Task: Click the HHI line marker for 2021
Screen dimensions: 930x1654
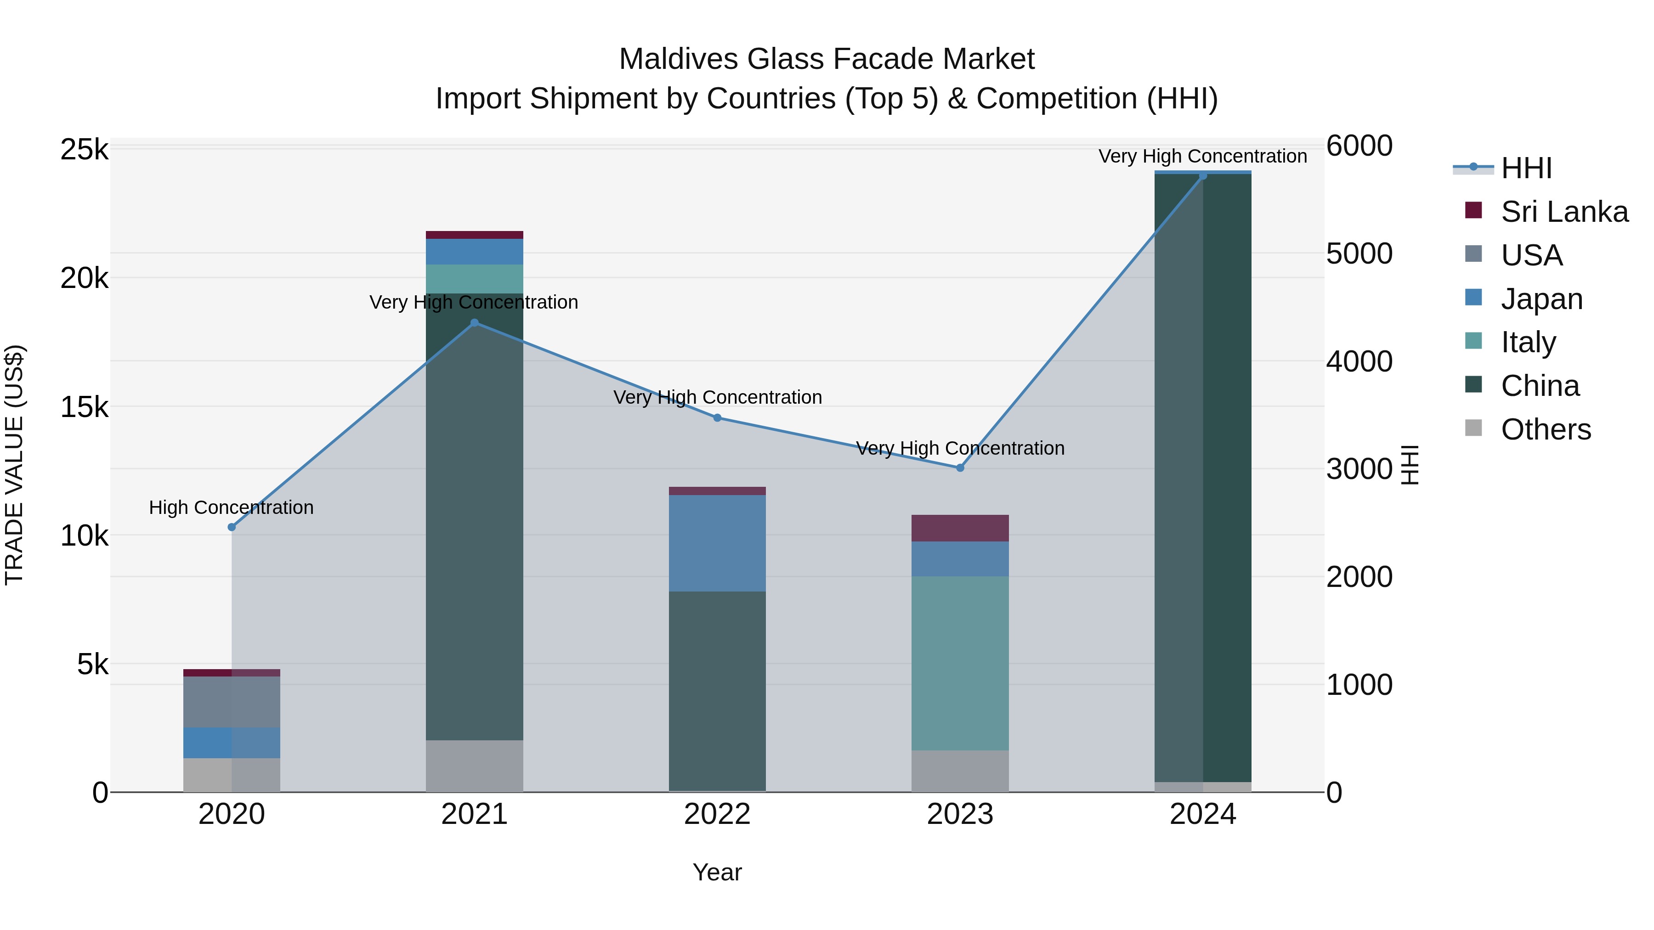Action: coord(475,323)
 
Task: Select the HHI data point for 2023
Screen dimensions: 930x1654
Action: coord(960,468)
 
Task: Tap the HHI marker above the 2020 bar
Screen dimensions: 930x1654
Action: coord(232,527)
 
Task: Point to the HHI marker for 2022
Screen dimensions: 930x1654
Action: coord(717,418)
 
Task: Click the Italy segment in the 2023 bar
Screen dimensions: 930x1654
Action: coord(960,663)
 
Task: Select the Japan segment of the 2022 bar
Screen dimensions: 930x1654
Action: coord(717,543)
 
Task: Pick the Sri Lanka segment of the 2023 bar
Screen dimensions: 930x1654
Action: coord(960,528)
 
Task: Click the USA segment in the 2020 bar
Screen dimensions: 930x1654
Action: coord(232,701)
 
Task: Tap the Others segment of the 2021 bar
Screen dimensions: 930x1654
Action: coord(475,766)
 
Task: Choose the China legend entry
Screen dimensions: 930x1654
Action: coord(1540,386)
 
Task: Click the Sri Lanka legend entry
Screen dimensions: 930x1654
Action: coord(1564,212)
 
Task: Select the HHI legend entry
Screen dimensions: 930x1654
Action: coord(1526,168)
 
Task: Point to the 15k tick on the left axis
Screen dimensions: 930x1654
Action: coord(84,407)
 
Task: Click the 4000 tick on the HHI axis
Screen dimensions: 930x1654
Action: coord(1359,361)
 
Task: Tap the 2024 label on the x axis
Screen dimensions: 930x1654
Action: coord(1203,814)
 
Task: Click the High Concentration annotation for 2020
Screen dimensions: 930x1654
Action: coord(231,507)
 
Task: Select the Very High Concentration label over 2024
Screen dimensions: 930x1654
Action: coord(1203,156)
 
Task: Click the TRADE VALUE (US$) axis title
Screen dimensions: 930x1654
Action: coord(14,465)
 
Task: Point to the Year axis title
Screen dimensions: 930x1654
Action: coord(717,872)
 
